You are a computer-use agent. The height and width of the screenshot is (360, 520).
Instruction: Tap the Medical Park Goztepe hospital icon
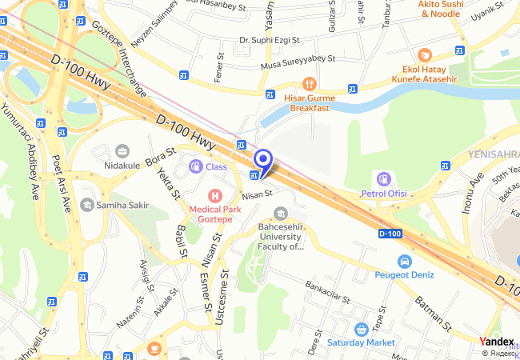214,195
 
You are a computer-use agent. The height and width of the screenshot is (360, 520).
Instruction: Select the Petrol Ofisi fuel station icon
385,178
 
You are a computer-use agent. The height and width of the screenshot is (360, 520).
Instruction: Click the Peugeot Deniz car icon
404,261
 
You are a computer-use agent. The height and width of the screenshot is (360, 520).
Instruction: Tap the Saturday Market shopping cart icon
362,329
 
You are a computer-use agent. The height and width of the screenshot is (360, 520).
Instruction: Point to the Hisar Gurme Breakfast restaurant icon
310,82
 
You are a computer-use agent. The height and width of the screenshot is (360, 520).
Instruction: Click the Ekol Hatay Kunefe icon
425,54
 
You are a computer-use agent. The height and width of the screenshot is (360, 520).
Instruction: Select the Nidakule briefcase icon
122,151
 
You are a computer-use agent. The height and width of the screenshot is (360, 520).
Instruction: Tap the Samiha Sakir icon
86,206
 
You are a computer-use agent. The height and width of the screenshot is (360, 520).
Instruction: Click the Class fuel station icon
194,166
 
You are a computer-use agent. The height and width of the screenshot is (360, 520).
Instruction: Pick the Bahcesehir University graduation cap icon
280,213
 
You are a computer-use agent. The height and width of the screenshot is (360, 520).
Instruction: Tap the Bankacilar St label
328,291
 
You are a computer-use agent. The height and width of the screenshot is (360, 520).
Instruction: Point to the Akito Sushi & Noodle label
440,9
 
